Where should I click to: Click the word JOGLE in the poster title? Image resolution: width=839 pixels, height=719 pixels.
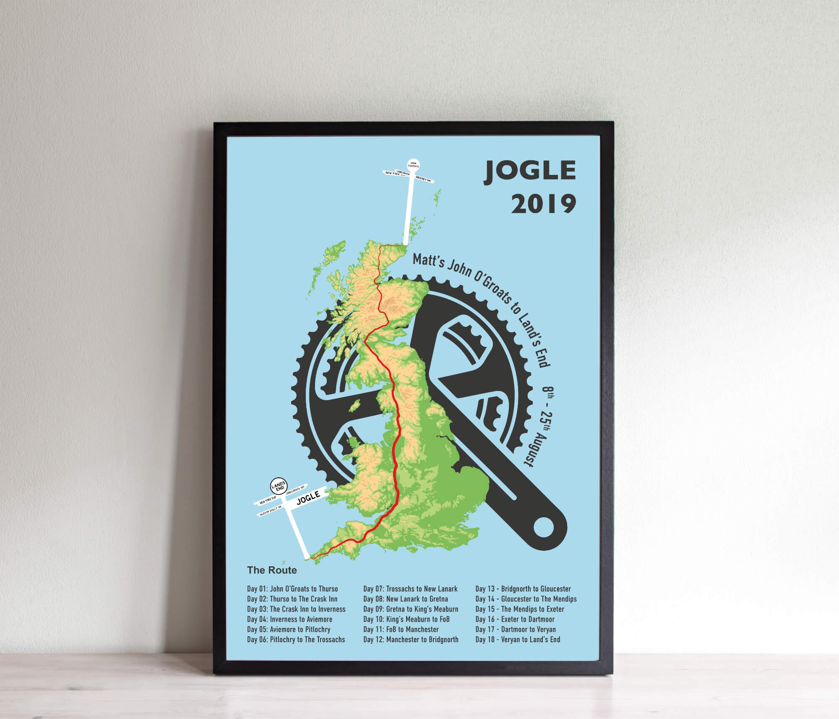(x=530, y=171)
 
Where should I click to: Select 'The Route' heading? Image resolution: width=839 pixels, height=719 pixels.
(x=272, y=570)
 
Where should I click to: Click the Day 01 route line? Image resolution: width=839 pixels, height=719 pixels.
(x=292, y=589)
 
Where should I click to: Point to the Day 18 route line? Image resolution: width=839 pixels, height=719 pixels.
(x=518, y=639)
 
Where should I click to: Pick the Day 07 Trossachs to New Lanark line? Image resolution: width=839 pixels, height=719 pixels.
(x=410, y=589)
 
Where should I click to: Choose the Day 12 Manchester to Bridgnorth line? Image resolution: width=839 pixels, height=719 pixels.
(x=411, y=639)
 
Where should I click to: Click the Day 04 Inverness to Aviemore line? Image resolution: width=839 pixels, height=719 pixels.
(x=289, y=619)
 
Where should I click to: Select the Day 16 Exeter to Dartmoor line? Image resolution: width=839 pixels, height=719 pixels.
(x=515, y=619)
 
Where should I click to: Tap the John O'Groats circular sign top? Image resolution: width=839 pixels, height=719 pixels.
(x=413, y=164)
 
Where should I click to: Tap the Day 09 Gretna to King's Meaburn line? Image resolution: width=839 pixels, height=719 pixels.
(x=411, y=609)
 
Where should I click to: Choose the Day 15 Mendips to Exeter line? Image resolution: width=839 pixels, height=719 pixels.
(x=520, y=609)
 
